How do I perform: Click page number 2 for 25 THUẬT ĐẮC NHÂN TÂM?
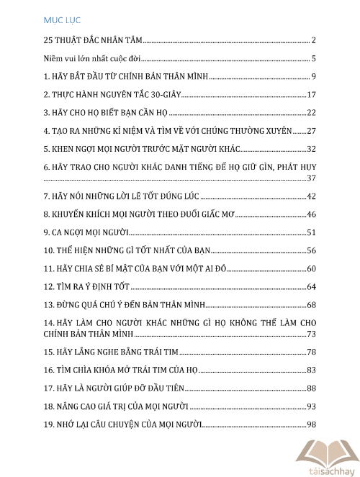point(315,40)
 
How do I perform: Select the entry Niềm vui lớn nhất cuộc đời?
point(91,59)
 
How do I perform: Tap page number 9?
point(315,76)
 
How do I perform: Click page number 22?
point(312,113)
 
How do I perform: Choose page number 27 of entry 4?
point(312,131)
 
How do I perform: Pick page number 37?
point(312,178)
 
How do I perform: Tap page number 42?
point(312,196)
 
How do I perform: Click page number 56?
point(312,251)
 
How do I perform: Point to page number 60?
point(312,269)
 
